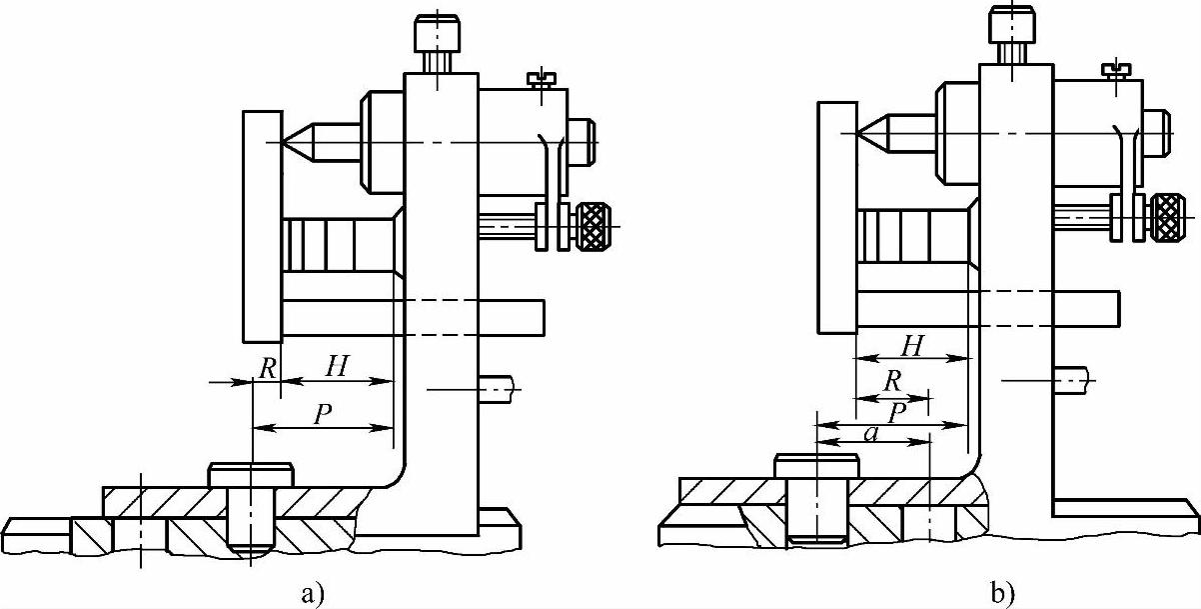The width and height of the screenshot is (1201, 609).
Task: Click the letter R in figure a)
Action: [x=268, y=369]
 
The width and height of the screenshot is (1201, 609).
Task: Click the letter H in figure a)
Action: [x=338, y=366]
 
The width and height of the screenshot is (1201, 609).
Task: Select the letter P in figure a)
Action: [x=323, y=414]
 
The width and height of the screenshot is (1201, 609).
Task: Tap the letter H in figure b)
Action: [x=912, y=346]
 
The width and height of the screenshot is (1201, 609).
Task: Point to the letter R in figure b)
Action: [x=892, y=381]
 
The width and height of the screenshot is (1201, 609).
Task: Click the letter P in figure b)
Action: [x=897, y=413]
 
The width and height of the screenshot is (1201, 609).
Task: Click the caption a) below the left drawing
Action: [x=313, y=594]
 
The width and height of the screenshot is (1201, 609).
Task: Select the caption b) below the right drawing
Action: [x=1002, y=594]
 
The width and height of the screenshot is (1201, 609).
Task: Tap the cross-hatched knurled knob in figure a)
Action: [x=594, y=226]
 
